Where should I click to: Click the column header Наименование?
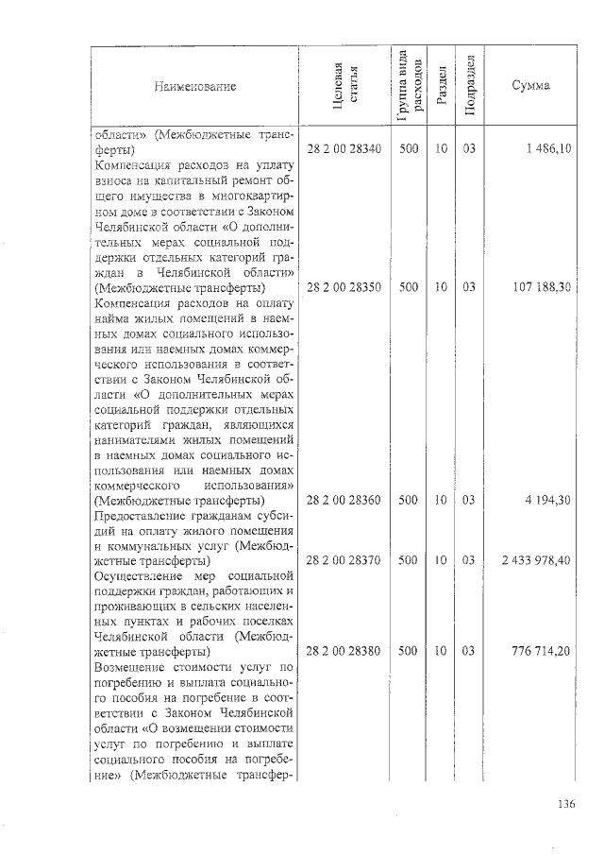click(193, 86)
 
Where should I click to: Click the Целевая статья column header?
click(344, 86)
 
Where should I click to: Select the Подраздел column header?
click(469, 86)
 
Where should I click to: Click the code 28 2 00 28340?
click(344, 149)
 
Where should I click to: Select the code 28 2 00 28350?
click(344, 287)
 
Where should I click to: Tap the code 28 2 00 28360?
click(344, 500)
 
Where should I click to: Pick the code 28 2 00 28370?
click(344, 560)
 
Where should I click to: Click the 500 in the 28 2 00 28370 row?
click(409, 560)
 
